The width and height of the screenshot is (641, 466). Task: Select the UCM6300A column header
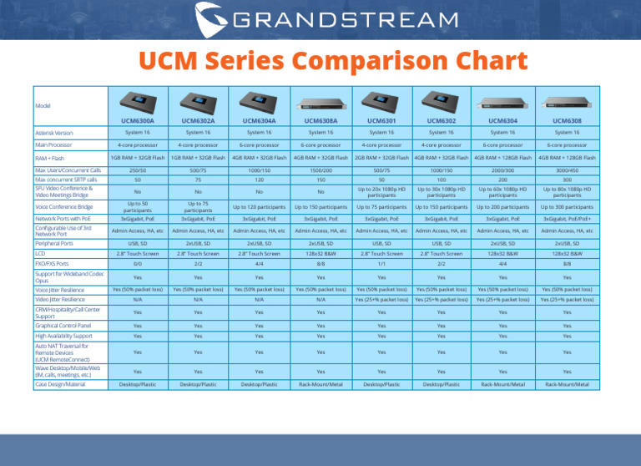[x=137, y=120]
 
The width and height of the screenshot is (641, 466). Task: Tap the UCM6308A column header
[x=320, y=120]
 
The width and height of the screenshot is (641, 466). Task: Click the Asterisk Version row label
[x=55, y=132]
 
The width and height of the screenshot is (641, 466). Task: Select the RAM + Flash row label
[x=49, y=157]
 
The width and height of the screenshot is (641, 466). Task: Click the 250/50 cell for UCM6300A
[x=137, y=170]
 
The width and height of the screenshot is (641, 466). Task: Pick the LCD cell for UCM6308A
[x=320, y=251]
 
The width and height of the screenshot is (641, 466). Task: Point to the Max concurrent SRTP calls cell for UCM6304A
[x=259, y=179]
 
